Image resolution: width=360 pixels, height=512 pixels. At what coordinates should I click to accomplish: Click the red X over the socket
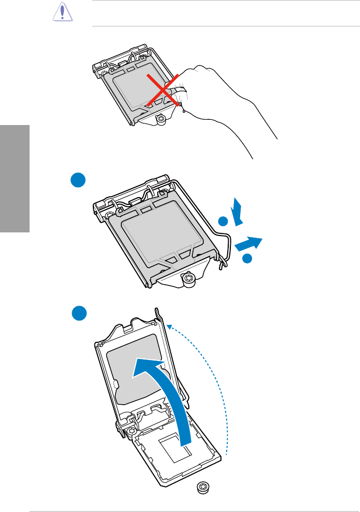coord(164,90)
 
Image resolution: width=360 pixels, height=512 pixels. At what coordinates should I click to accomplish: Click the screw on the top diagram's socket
coord(161,119)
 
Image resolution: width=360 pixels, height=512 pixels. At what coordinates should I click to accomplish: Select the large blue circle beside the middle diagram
coord(78,182)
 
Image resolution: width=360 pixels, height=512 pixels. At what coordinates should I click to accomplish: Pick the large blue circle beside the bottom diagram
coord(79,314)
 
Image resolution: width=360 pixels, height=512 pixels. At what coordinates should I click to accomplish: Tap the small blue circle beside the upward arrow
coord(223,222)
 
